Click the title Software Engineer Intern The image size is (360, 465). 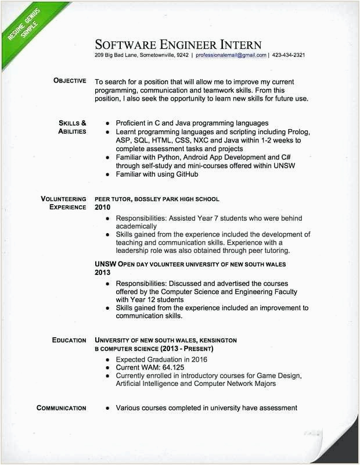(x=178, y=45)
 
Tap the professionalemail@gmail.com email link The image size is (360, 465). (x=231, y=55)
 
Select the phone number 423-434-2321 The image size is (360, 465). (x=289, y=55)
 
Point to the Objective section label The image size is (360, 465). (x=70, y=81)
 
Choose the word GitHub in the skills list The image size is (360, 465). (x=186, y=174)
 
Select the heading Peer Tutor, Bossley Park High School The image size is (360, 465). (x=157, y=199)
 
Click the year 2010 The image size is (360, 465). (x=102, y=208)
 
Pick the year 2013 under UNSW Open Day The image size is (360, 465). (x=102, y=272)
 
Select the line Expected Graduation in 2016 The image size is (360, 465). (x=161, y=359)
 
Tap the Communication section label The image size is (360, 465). (x=62, y=408)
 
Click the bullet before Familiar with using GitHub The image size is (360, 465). (x=108, y=174)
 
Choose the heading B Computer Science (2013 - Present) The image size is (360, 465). (x=154, y=349)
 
